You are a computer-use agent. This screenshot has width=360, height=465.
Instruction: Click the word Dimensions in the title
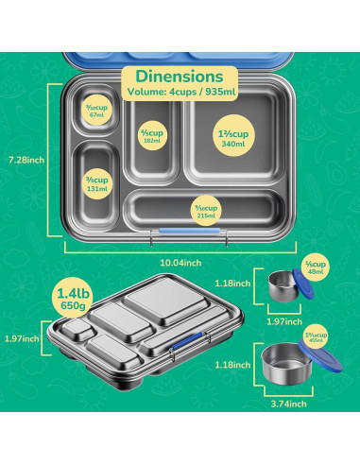pos(179,75)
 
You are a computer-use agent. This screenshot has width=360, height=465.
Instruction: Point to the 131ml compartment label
pos(99,181)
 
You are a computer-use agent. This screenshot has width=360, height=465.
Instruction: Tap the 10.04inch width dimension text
pos(179,262)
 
